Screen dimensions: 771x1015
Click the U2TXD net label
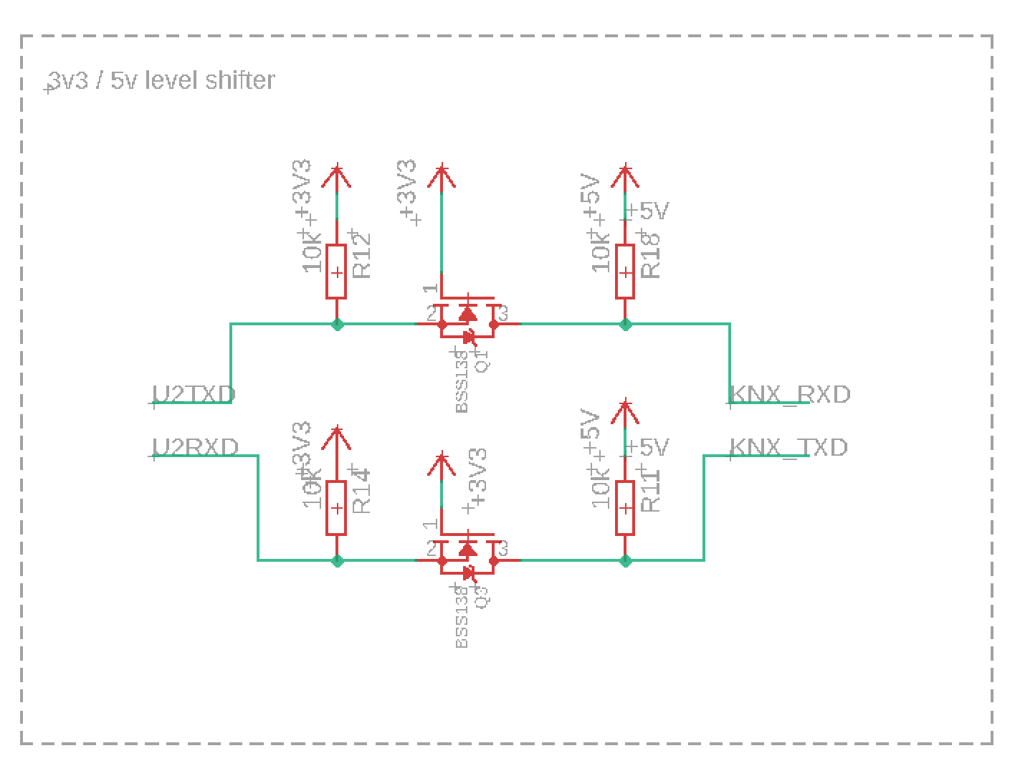(x=194, y=395)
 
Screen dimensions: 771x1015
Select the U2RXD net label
(x=196, y=448)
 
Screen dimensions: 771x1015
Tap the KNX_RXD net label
(x=789, y=395)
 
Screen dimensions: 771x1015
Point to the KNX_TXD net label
(x=788, y=448)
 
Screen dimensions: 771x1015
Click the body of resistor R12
(x=336, y=272)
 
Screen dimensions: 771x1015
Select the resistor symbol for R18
(x=625, y=272)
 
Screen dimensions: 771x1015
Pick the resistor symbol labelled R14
(x=336, y=508)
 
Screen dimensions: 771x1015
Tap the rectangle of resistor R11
(x=625, y=508)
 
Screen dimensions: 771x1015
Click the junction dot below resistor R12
(x=337, y=325)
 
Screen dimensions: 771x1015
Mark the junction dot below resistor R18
(x=625, y=325)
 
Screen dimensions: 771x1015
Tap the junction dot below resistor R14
(x=337, y=560)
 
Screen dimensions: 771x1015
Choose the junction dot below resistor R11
(x=625, y=560)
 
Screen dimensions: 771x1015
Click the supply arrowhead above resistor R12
(x=337, y=176)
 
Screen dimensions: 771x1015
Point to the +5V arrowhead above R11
(x=625, y=411)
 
